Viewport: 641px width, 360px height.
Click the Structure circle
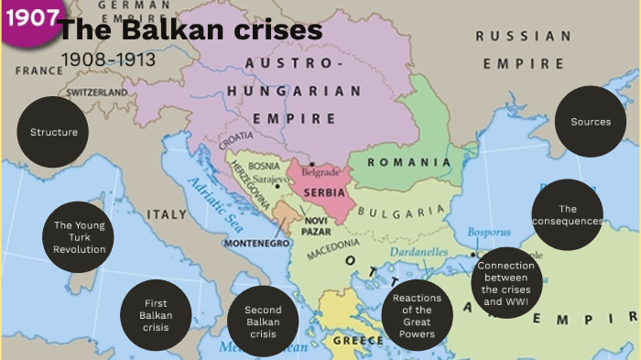pos(54,132)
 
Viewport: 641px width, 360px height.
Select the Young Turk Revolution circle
pos(79,237)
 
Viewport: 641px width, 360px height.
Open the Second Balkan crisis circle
pos(264,322)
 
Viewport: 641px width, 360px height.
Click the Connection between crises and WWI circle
pos(505,283)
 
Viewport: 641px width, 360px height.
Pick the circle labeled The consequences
pos(567,214)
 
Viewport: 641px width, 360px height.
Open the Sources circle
pos(591,122)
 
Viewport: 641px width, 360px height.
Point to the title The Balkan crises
pos(191,30)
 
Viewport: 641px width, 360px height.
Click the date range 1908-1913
pos(108,60)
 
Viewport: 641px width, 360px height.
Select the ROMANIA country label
pos(409,162)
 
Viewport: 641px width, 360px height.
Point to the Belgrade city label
pos(321,171)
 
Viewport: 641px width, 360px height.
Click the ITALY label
pos(168,214)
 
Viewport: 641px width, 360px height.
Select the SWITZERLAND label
pos(96,93)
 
